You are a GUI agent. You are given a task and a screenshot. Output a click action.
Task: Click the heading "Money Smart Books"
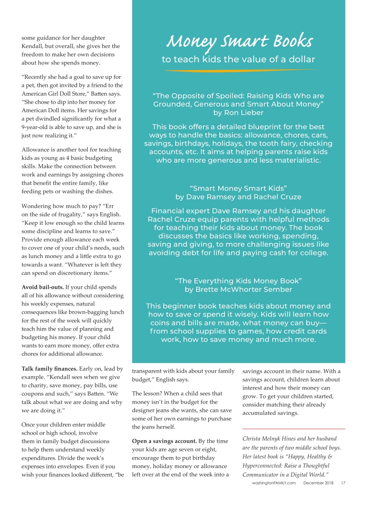239,41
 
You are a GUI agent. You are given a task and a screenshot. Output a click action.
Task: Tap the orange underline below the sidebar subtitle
239,70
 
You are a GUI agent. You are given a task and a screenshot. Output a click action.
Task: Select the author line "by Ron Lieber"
238,113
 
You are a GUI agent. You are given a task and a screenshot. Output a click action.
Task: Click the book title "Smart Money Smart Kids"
238,188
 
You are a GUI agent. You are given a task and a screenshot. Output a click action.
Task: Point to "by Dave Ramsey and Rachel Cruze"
238,197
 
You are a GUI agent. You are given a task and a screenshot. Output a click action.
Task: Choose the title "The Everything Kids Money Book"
238,281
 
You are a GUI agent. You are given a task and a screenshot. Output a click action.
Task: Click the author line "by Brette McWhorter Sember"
238,290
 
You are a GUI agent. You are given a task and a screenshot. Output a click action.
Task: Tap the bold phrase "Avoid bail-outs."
43,287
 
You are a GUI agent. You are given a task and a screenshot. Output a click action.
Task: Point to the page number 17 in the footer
343,483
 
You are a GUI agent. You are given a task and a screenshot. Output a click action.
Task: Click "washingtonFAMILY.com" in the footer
274,483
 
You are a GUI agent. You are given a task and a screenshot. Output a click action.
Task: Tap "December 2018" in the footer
318,483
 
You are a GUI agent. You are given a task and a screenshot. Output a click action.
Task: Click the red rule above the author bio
294,429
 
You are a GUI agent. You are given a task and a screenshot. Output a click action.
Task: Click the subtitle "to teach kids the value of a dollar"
238,59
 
